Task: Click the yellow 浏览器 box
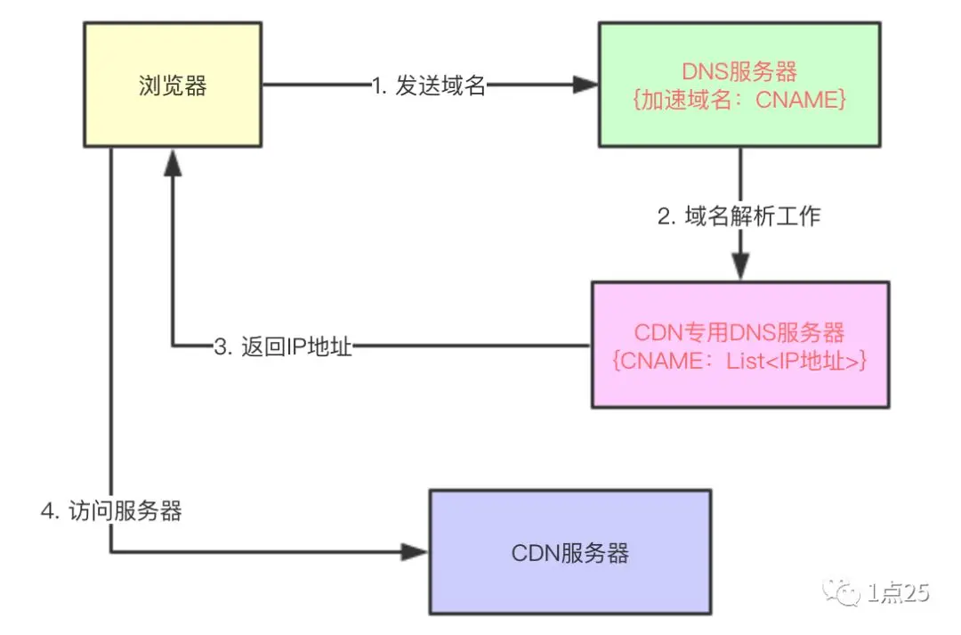(173, 116)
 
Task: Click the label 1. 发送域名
(429, 85)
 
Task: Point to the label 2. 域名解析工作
(739, 216)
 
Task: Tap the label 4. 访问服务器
(112, 511)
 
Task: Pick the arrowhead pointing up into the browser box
(173, 160)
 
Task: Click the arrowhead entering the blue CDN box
(416, 552)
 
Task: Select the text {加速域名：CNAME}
(739, 101)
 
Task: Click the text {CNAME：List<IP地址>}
(739, 362)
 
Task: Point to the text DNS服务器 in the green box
(739, 71)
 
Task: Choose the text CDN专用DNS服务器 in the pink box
(739, 332)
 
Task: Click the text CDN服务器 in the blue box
(570, 553)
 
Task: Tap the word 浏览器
(173, 85)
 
